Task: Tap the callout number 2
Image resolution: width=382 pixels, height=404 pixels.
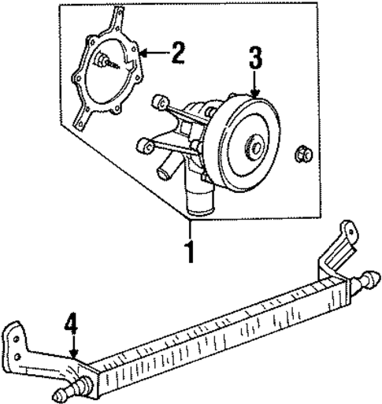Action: pyautogui.click(x=177, y=54)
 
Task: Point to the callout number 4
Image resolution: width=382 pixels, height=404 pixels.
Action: pyautogui.click(x=71, y=323)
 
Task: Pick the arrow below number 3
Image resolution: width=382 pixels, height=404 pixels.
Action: pyautogui.click(x=254, y=85)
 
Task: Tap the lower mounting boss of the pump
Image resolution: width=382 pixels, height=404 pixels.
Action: pyautogui.click(x=144, y=144)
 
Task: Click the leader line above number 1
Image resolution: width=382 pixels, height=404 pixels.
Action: pyautogui.click(x=188, y=232)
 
